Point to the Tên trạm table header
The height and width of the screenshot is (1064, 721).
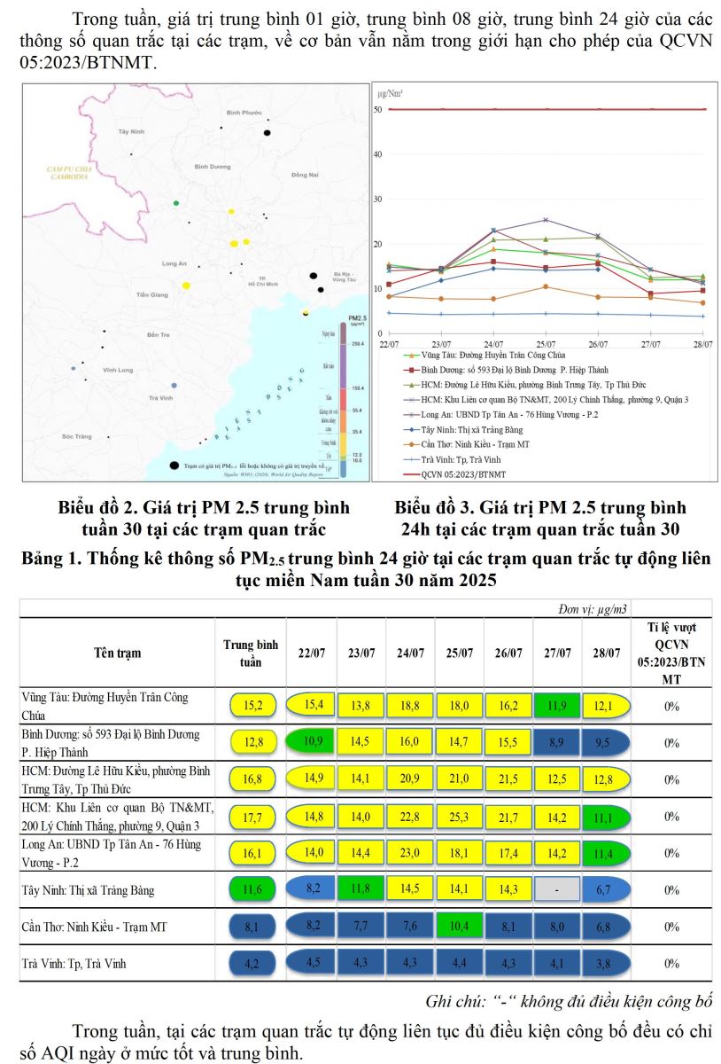pyautogui.click(x=117, y=653)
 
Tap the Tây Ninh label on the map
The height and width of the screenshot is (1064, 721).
pyautogui.click(x=130, y=130)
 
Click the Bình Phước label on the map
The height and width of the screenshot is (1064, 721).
pyautogui.click(x=245, y=113)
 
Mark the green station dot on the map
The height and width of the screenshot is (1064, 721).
pyautogui.click(x=176, y=203)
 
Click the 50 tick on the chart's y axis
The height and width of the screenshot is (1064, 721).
pyautogui.click(x=377, y=109)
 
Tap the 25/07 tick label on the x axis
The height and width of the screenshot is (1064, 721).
pyautogui.click(x=546, y=343)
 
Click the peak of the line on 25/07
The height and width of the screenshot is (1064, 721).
pyautogui.click(x=546, y=219)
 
